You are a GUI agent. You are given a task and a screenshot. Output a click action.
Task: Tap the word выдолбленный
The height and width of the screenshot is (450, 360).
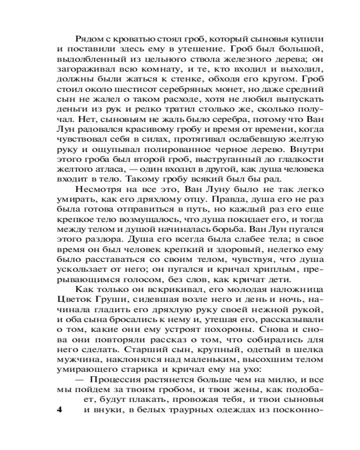coord(87,58)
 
